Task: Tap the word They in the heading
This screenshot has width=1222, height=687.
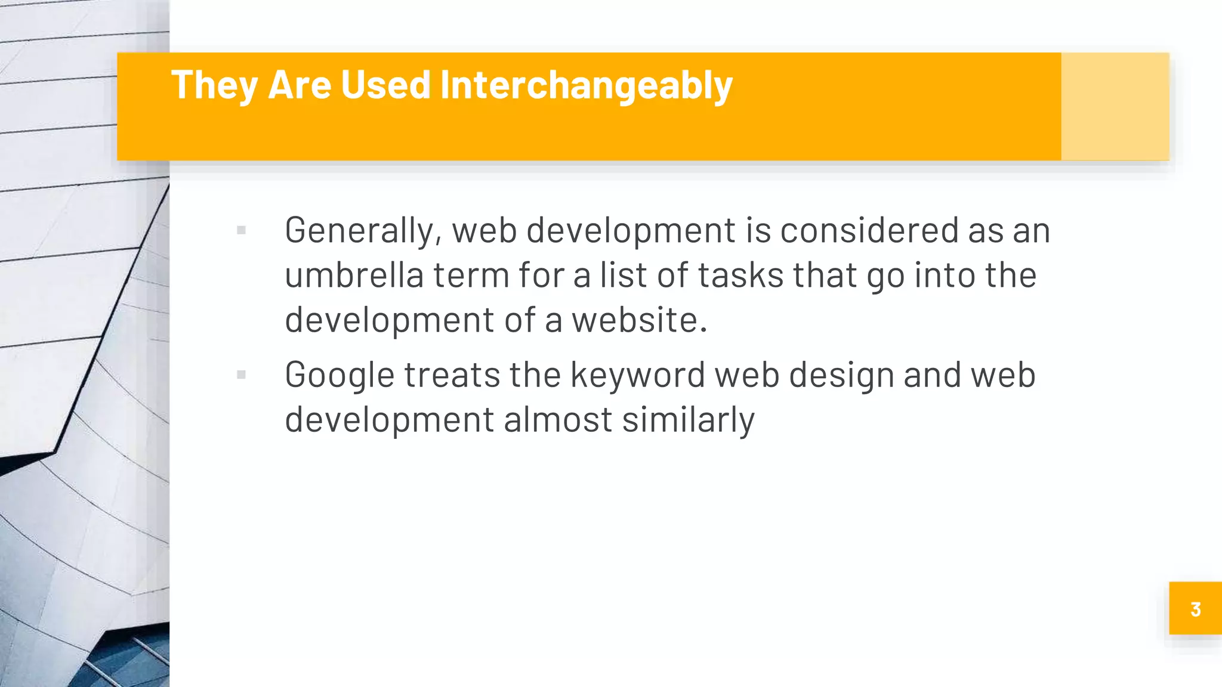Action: point(214,85)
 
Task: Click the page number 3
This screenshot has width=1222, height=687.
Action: point(1195,609)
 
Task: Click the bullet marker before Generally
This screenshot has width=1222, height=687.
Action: point(241,230)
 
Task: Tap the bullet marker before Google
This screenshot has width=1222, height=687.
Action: point(241,375)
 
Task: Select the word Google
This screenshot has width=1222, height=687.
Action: point(340,376)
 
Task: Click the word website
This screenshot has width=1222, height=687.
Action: point(639,320)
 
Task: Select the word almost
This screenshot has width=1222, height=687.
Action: point(557,420)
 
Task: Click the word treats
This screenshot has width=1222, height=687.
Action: point(452,376)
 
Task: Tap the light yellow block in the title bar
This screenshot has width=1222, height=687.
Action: point(1115,106)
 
